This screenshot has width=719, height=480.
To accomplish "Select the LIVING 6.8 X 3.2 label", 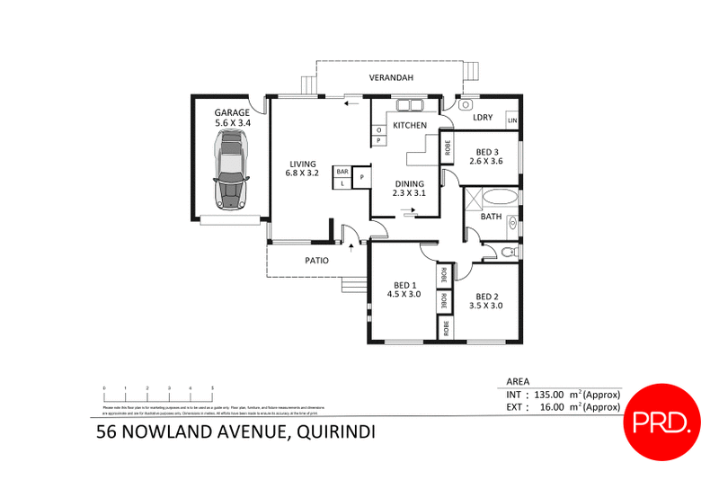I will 302,168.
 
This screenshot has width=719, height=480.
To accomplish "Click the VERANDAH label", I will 391,78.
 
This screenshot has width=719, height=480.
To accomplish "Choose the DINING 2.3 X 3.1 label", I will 409,189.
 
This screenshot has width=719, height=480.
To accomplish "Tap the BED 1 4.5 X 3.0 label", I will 404,289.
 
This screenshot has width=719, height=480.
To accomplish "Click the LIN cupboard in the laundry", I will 512,120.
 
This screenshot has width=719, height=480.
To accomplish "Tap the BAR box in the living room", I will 342,171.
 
